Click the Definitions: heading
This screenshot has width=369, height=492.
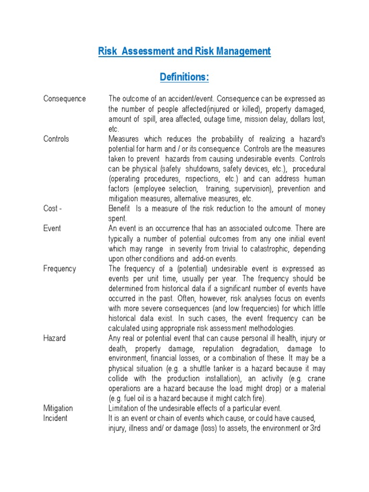[184, 77]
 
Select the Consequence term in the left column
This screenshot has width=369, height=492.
[64, 98]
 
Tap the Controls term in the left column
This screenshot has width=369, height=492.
[56, 139]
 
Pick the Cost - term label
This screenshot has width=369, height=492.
[52, 209]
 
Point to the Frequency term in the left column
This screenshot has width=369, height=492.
[60, 269]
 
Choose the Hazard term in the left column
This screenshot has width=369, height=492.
[54, 338]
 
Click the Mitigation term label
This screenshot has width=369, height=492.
[58, 408]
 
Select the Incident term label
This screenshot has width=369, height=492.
[55, 418]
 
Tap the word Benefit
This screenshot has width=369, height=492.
[120, 209]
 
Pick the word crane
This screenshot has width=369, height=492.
[316, 378]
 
